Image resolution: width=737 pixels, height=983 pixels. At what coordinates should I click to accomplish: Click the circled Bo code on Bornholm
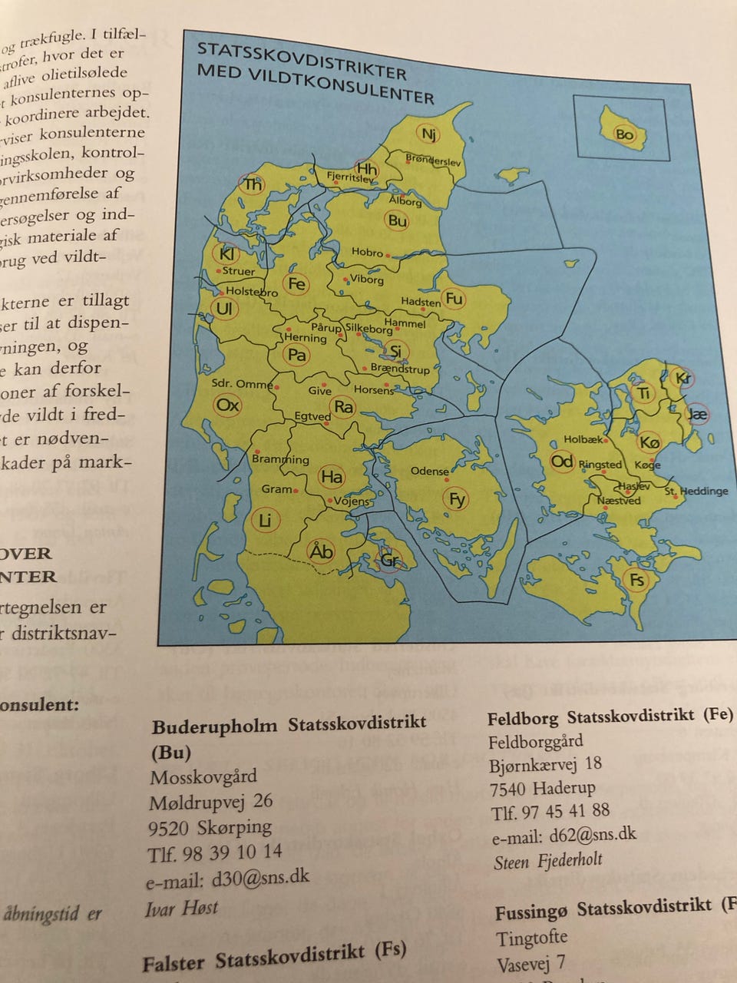[624, 134]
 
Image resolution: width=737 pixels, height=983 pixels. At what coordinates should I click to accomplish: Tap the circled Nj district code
[428, 134]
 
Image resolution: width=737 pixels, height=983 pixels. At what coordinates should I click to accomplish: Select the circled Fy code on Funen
[457, 500]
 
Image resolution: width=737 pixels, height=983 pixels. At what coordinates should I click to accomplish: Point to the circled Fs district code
[636, 579]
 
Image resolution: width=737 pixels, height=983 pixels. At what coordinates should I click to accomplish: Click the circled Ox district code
[228, 405]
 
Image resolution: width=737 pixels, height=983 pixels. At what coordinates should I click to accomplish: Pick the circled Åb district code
[321, 551]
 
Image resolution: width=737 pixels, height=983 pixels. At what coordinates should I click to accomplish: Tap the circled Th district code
[253, 184]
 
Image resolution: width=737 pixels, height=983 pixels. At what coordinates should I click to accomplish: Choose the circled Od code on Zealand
[562, 461]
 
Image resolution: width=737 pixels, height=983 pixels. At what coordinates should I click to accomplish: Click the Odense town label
[429, 471]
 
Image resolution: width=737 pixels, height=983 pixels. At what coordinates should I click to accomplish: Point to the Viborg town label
[366, 280]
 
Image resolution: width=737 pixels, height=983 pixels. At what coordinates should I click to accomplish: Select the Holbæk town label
[583, 440]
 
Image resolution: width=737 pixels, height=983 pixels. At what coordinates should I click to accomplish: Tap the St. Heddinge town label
[696, 491]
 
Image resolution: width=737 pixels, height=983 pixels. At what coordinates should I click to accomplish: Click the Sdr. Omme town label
[242, 383]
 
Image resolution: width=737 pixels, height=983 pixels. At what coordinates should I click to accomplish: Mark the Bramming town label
[280, 459]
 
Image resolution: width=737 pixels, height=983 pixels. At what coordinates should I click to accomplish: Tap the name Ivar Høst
[181, 908]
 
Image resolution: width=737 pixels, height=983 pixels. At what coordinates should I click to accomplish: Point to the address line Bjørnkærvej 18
[545, 765]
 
